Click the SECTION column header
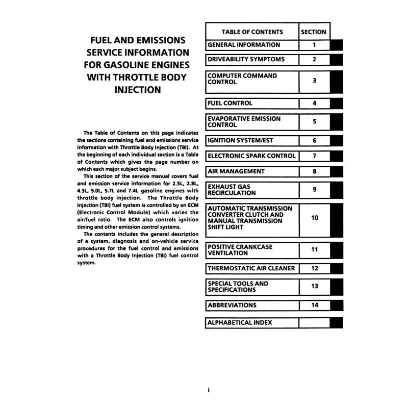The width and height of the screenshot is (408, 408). click(314, 32)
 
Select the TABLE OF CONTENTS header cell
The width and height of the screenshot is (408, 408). click(251, 32)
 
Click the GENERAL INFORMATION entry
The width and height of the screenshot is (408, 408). click(244, 45)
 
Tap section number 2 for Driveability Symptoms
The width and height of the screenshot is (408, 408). click(314, 60)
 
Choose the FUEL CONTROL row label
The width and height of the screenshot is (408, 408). click(231, 103)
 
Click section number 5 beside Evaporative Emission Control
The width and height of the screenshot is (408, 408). click(314, 121)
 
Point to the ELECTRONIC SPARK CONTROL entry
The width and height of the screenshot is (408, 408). click(252, 156)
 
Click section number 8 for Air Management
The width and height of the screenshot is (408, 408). click(314, 171)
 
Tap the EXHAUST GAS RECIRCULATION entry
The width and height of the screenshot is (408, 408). click(233, 190)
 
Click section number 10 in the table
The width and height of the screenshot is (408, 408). click(314, 218)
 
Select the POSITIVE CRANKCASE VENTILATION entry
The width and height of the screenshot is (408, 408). click(241, 250)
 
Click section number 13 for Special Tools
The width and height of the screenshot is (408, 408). click(314, 287)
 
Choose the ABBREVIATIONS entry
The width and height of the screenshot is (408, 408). click(233, 305)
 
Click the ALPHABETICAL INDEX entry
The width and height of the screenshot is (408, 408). click(240, 322)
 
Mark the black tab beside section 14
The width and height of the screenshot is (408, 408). click(336, 305)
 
